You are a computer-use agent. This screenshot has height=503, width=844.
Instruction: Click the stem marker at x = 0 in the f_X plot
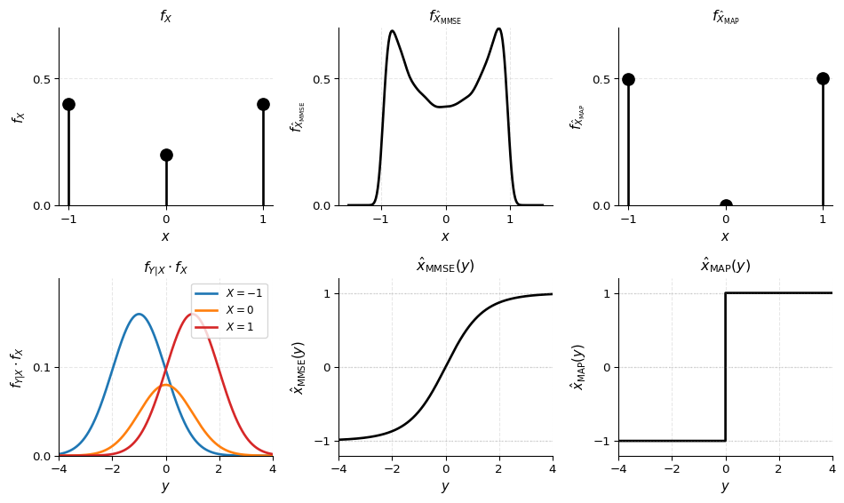pos(166,155)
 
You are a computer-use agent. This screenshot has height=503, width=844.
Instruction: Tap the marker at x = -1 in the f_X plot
pos(68,104)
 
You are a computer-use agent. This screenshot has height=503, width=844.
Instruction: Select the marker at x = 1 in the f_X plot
pos(263,104)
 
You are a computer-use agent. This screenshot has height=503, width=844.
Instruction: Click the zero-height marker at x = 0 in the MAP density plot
pos(726,205)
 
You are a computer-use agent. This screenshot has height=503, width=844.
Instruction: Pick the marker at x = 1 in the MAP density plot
pos(823,78)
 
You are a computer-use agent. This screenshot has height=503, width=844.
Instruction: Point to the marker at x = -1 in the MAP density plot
pos(628,79)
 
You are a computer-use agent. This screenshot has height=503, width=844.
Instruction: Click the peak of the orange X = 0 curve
pos(166,385)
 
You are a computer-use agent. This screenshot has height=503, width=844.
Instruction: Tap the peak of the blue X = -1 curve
pos(139,314)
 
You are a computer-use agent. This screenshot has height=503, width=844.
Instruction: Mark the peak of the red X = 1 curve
pos(193,314)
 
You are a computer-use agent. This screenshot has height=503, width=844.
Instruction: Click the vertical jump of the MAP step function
pos(726,366)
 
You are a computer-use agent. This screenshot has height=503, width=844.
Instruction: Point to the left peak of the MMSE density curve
pos(392,31)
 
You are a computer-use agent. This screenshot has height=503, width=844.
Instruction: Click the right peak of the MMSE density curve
pos(498,28)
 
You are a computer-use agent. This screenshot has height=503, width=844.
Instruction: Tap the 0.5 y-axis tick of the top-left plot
pos(42,79)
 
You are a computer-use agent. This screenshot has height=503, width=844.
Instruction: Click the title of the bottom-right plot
pos(725,266)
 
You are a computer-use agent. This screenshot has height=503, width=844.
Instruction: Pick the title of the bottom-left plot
pos(165,267)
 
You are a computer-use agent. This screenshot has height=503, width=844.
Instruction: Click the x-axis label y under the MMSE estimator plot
pos(445,487)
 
